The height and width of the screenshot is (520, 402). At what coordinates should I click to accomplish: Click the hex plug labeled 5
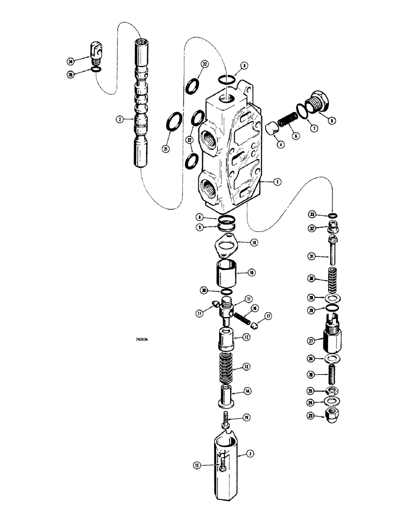317,100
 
